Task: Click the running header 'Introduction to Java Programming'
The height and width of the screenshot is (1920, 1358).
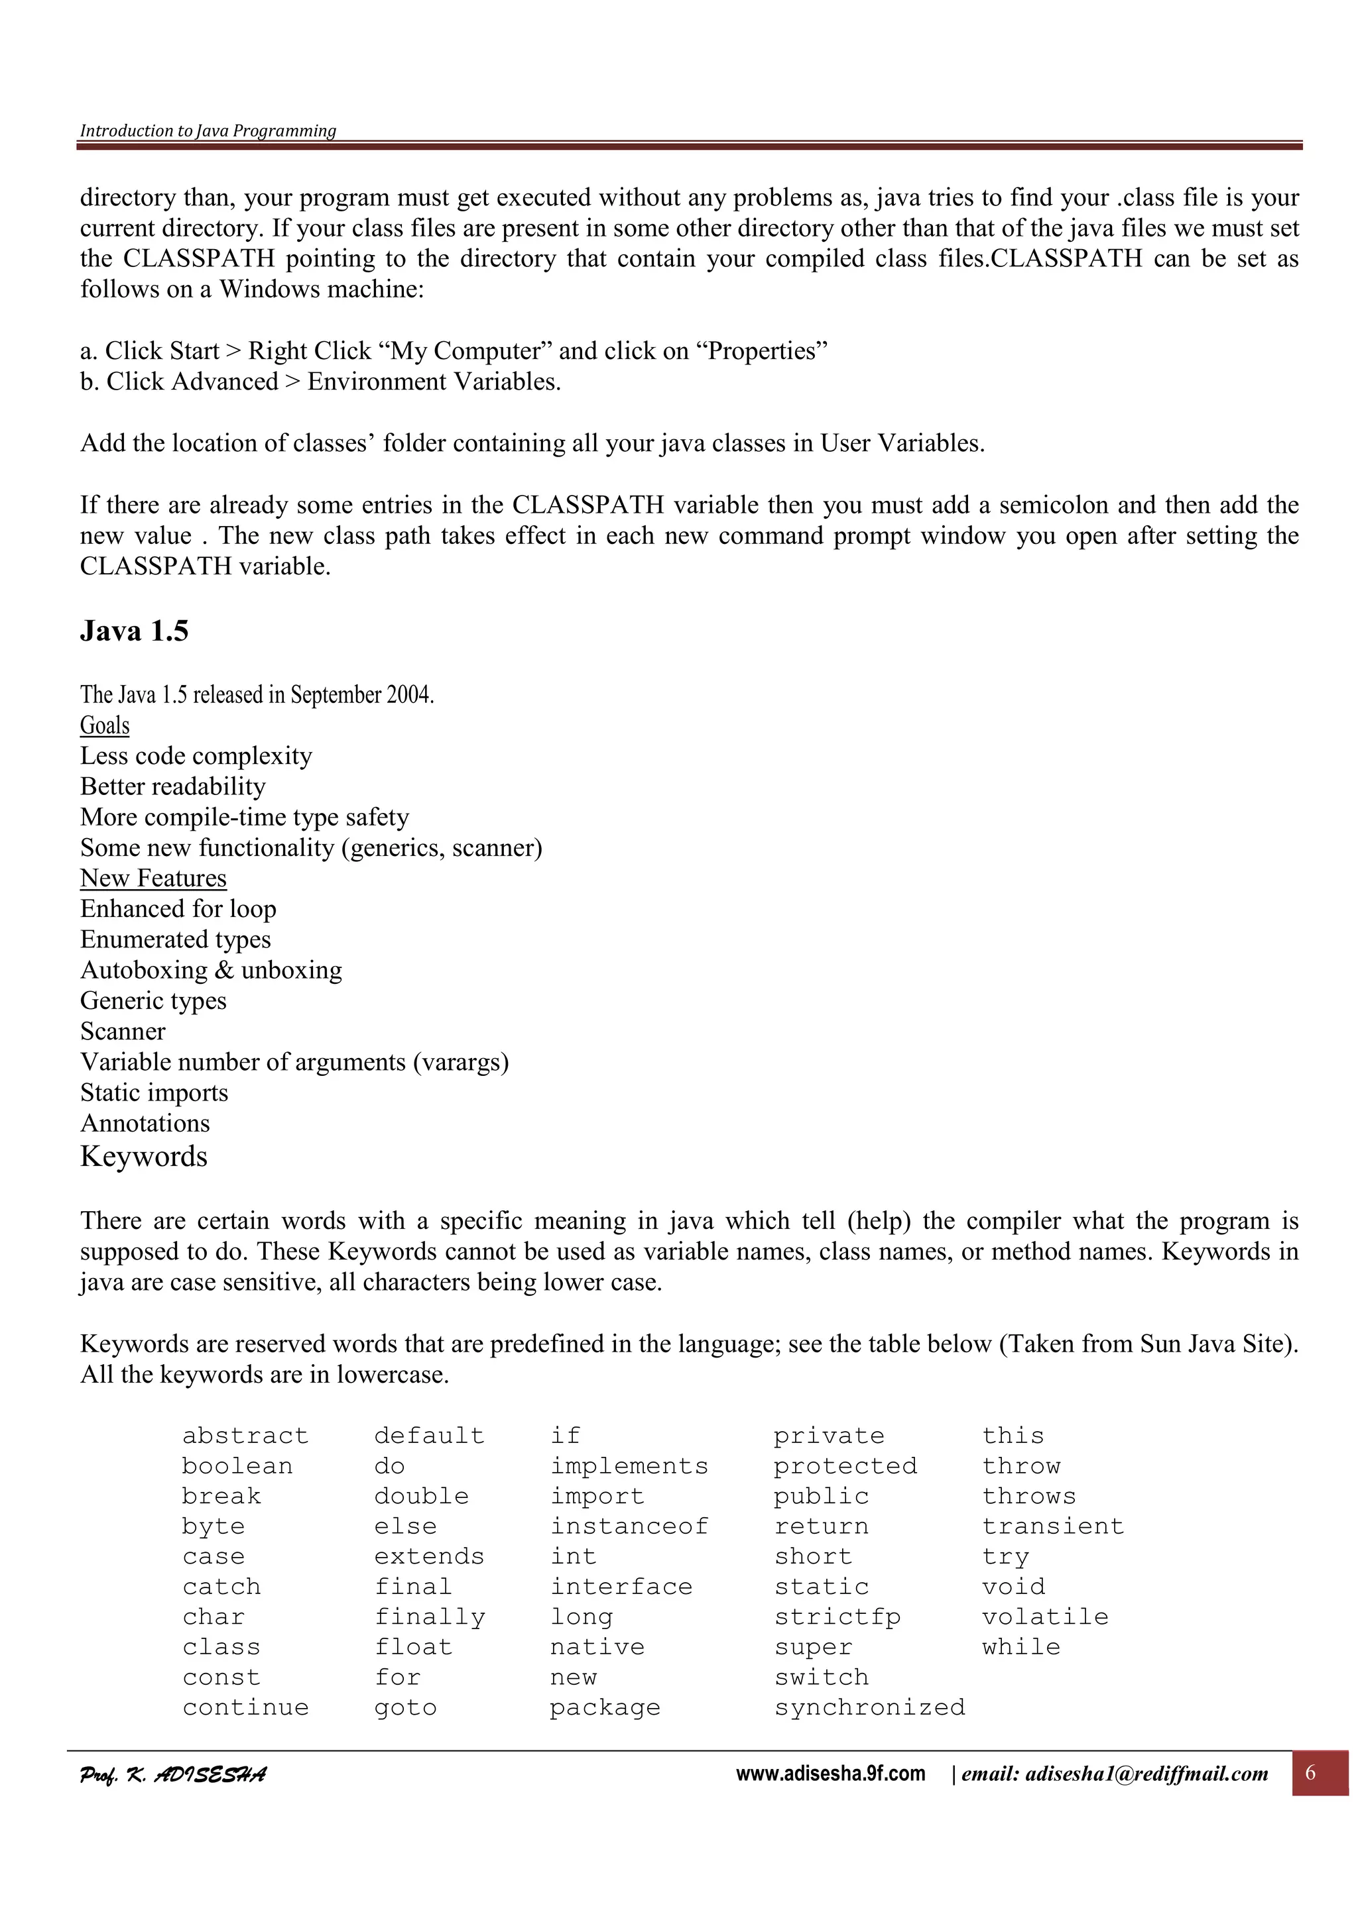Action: [x=208, y=131]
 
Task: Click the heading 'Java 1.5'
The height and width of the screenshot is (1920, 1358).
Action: [x=134, y=631]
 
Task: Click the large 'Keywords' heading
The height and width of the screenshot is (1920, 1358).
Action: [x=144, y=1157]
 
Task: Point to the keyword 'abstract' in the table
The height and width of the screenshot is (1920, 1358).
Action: [x=245, y=1436]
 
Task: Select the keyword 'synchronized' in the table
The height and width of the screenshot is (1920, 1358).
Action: [x=869, y=1707]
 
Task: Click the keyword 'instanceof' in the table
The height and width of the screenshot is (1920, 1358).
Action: [x=629, y=1526]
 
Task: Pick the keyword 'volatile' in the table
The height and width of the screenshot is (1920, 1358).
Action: [x=1045, y=1617]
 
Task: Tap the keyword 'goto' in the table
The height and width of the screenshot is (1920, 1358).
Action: [x=405, y=1707]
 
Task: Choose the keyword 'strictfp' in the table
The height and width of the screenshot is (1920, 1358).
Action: [x=837, y=1617]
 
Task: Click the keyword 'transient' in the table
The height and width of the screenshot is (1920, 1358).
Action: [x=1052, y=1526]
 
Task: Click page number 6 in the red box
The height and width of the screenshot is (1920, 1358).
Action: [x=1310, y=1772]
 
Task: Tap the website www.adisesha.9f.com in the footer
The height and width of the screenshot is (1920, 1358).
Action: [x=830, y=1774]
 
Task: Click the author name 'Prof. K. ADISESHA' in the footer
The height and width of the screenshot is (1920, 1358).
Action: [x=173, y=1774]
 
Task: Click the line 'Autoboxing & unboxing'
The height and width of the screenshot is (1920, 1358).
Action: [x=211, y=970]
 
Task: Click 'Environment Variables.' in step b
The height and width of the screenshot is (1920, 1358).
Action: [x=434, y=382]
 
